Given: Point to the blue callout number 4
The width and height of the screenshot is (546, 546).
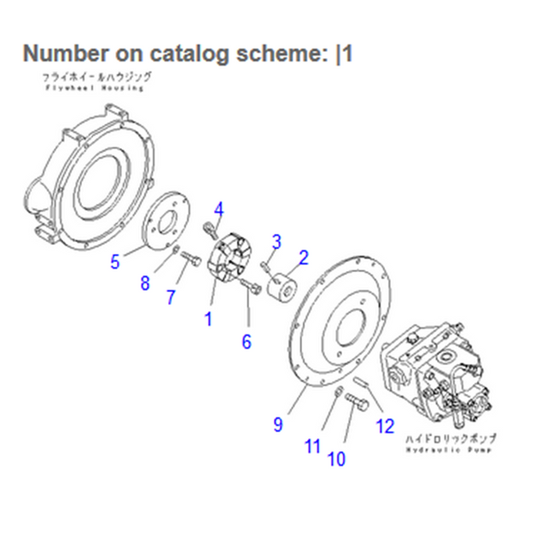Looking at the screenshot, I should pos(218,209).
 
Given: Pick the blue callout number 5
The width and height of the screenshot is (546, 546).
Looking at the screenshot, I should pos(115,261).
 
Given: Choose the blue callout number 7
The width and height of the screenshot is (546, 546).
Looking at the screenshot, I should pos(171,298).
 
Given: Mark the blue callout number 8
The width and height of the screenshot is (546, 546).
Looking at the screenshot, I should pos(145,283).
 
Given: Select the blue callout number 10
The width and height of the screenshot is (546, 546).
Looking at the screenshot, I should pos(336,459).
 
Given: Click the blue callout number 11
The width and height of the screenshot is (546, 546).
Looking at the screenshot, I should pos(313,444).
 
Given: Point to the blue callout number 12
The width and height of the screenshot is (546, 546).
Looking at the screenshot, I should pos(385,426).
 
